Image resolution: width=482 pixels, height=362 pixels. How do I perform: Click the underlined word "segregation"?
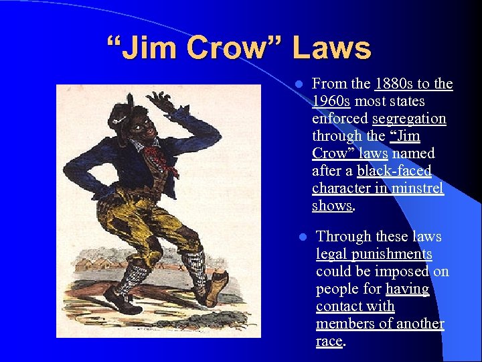tap(410, 119)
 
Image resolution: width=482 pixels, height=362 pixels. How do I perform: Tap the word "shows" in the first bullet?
tap(331, 206)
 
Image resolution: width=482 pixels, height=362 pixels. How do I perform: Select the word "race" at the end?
tap(329, 341)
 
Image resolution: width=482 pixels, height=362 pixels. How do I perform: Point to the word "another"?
tap(419, 324)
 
